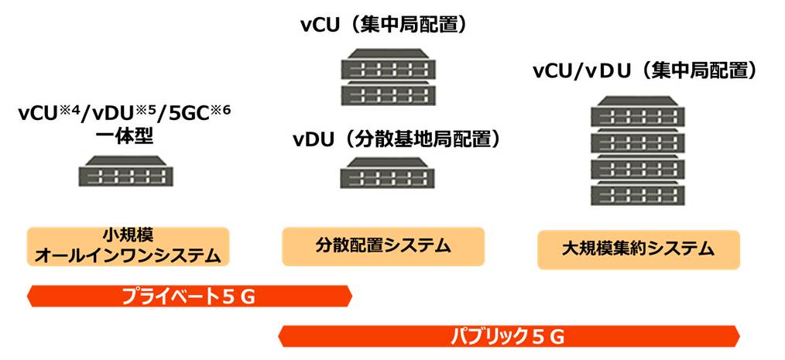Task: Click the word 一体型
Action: pyautogui.click(x=125, y=136)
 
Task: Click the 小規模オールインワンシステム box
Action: pyautogui.click(x=128, y=245)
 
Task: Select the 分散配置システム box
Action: pyautogui.click(x=383, y=246)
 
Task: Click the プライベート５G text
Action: pyautogui.click(x=189, y=297)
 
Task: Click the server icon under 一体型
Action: pyautogui.click(x=125, y=170)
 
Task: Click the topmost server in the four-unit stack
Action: pyautogui.click(x=637, y=111)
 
